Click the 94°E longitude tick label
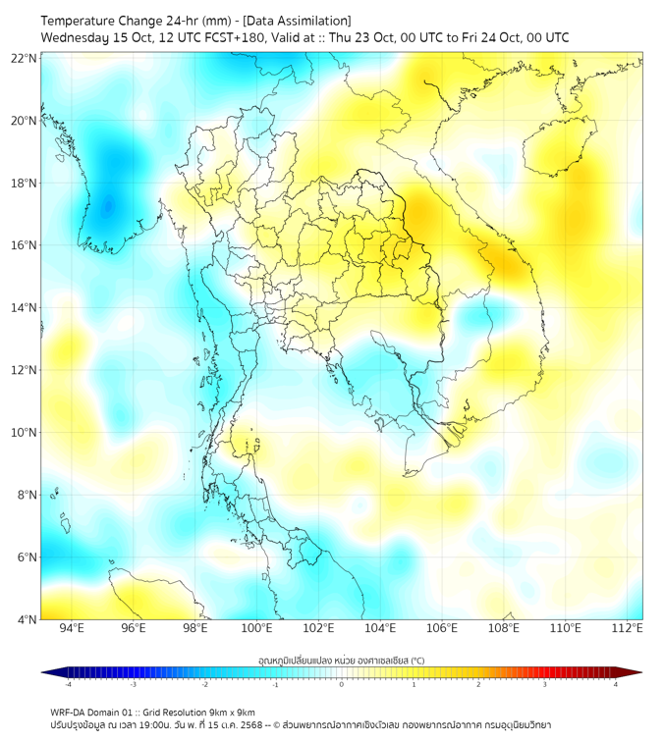click(x=72, y=628)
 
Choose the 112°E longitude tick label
click(x=628, y=628)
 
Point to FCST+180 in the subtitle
click(x=233, y=37)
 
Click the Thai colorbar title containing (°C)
click(x=341, y=658)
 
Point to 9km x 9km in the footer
click(x=233, y=712)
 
